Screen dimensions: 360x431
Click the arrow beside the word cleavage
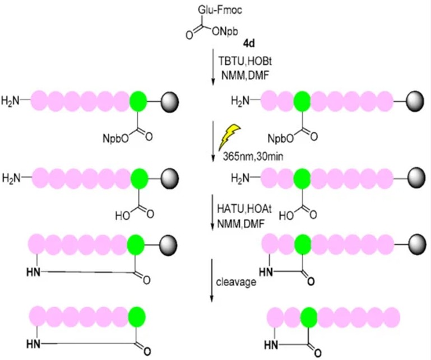pyautogui.click(x=212, y=280)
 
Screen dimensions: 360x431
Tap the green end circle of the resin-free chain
pyautogui.click(x=136, y=317)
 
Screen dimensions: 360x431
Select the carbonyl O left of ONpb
pyautogui.click(x=189, y=36)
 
